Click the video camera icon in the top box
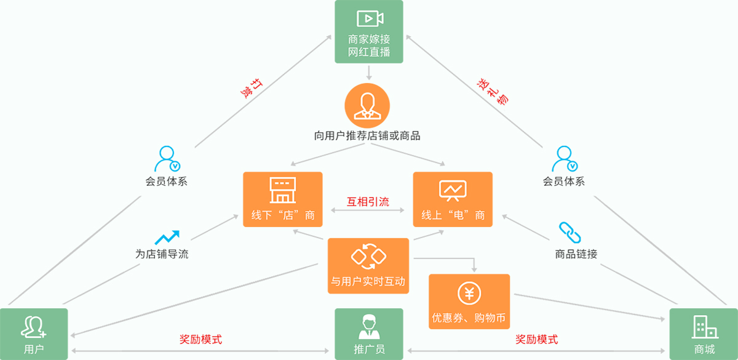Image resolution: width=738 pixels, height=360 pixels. [370, 18]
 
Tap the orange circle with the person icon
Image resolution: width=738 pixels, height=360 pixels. [367, 105]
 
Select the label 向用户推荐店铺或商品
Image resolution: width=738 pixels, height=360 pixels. [367, 135]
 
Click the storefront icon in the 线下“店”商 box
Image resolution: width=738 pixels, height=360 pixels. [283, 190]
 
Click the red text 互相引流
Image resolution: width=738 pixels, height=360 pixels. [368, 201]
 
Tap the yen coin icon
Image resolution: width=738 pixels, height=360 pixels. [469, 293]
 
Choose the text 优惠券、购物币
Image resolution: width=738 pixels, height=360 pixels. [469, 318]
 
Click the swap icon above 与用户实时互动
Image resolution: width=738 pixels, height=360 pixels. [368, 256]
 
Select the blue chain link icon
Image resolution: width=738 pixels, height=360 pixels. [570, 233]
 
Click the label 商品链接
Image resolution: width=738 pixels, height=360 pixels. [576, 254]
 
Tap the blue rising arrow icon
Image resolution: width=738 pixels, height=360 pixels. [167, 238]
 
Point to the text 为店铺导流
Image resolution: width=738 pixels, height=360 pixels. [162, 254]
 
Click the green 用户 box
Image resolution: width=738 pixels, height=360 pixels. [34, 334]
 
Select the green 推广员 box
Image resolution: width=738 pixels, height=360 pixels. [369, 334]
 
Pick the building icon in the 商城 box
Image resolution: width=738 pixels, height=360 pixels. [705, 327]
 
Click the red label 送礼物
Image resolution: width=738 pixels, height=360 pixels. [493, 92]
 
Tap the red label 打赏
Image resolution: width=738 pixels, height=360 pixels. [252, 89]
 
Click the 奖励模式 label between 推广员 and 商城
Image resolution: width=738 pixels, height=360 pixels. [537, 339]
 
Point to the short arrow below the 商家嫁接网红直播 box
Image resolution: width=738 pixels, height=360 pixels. [369, 73]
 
